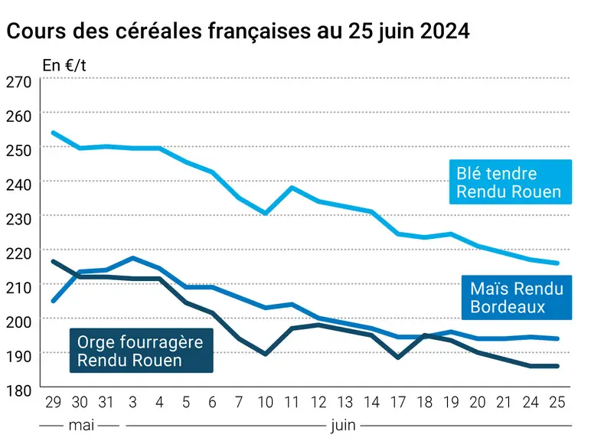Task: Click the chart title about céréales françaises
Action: (x=238, y=31)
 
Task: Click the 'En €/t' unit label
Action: (x=64, y=65)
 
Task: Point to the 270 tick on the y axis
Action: (x=18, y=81)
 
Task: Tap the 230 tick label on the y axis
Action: (x=18, y=219)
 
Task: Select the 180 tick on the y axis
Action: (x=18, y=390)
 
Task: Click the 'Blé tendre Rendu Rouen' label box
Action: (x=511, y=182)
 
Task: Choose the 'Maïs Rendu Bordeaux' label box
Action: (x=517, y=297)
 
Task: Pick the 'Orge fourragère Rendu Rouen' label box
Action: (x=142, y=351)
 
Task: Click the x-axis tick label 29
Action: (x=53, y=402)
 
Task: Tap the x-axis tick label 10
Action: (x=266, y=402)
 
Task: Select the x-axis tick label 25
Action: (x=557, y=402)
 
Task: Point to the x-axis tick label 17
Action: (x=398, y=402)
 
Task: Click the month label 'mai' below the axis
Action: (x=81, y=426)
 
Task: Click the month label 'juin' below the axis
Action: (x=343, y=426)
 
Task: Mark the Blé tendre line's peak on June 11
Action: (x=292, y=188)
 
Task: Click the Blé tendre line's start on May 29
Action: (x=53, y=132)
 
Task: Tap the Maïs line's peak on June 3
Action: (x=132, y=258)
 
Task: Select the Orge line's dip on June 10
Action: (x=266, y=354)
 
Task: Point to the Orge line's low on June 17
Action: (x=398, y=358)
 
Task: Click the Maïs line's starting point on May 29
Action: (x=53, y=301)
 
